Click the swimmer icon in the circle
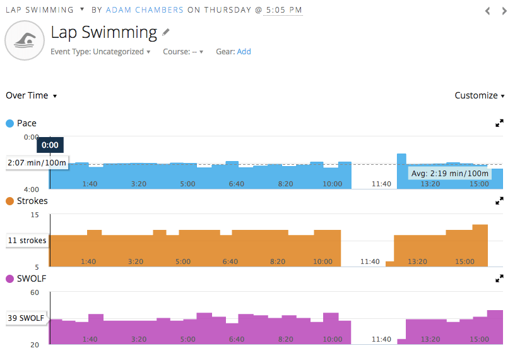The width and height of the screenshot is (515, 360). [x=24, y=41]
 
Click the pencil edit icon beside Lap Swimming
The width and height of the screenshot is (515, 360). [x=166, y=32]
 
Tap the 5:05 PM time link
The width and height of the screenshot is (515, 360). [x=283, y=10]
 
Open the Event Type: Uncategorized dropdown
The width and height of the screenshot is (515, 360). [x=100, y=52]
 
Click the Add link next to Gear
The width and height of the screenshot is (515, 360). [x=244, y=52]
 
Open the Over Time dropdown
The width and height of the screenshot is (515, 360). [x=32, y=95]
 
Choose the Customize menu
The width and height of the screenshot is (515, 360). [x=480, y=95]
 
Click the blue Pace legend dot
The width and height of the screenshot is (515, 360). [x=10, y=123]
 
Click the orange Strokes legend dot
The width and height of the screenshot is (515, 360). [x=10, y=201]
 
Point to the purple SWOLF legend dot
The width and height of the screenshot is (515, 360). [x=10, y=279]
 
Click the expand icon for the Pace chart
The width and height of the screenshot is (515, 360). [x=500, y=123]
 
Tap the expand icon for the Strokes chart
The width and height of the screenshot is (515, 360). [x=500, y=201]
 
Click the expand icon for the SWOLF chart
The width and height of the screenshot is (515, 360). [x=500, y=278]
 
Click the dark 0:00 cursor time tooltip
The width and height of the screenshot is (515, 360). [x=50, y=145]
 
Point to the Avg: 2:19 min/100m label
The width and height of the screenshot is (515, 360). [x=449, y=173]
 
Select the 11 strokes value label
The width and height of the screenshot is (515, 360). [x=27, y=241]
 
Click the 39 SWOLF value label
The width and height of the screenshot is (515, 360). [x=27, y=318]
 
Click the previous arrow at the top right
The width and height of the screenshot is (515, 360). [x=487, y=11]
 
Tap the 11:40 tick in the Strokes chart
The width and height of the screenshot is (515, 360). [x=370, y=261]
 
